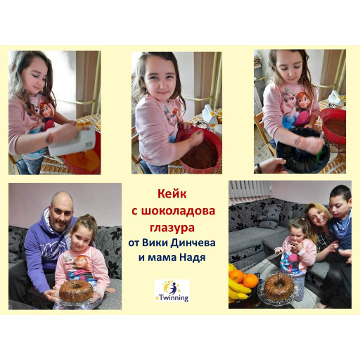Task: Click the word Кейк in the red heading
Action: point(172,194)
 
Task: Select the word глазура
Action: point(172,229)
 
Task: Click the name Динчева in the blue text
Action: point(193,243)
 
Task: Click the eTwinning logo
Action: point(172,290)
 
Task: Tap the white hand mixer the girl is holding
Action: point(72,141)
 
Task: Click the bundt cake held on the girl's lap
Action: point(75,290)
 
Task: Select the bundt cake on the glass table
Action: point(278,286)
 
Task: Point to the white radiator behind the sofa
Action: point(250,189)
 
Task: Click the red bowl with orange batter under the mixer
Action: point(82,157)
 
